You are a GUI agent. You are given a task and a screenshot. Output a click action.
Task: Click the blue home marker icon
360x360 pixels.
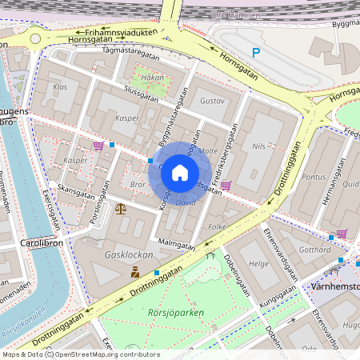click(180, 173)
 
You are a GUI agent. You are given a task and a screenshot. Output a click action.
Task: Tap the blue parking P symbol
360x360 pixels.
click(256, 53)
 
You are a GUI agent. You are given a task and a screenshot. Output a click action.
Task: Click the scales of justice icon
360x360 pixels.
click(120, 209)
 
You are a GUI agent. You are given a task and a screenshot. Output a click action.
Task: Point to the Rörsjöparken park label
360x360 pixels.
click(177, 313)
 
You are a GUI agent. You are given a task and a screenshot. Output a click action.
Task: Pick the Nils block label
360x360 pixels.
click(258, 146)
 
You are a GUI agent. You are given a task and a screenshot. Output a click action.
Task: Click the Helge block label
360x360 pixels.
click(258, 264)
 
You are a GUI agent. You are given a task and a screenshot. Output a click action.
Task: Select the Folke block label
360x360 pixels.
click(217, 226)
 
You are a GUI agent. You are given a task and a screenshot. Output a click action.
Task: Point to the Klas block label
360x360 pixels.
click(60, 86)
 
